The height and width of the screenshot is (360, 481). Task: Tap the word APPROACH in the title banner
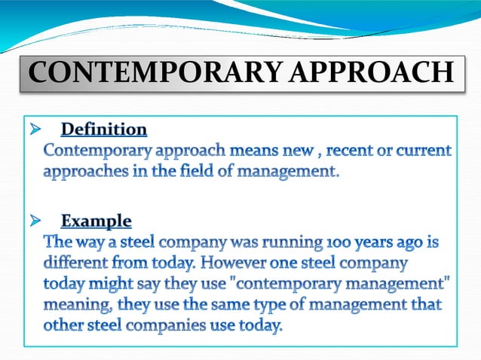coord(372,74)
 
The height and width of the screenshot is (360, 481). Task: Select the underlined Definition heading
coord(104,130)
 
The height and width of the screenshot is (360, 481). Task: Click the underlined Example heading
coord(97,221)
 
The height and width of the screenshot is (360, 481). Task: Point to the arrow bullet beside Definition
coord(33,130)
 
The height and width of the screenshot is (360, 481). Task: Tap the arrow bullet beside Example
coord(33,221)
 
